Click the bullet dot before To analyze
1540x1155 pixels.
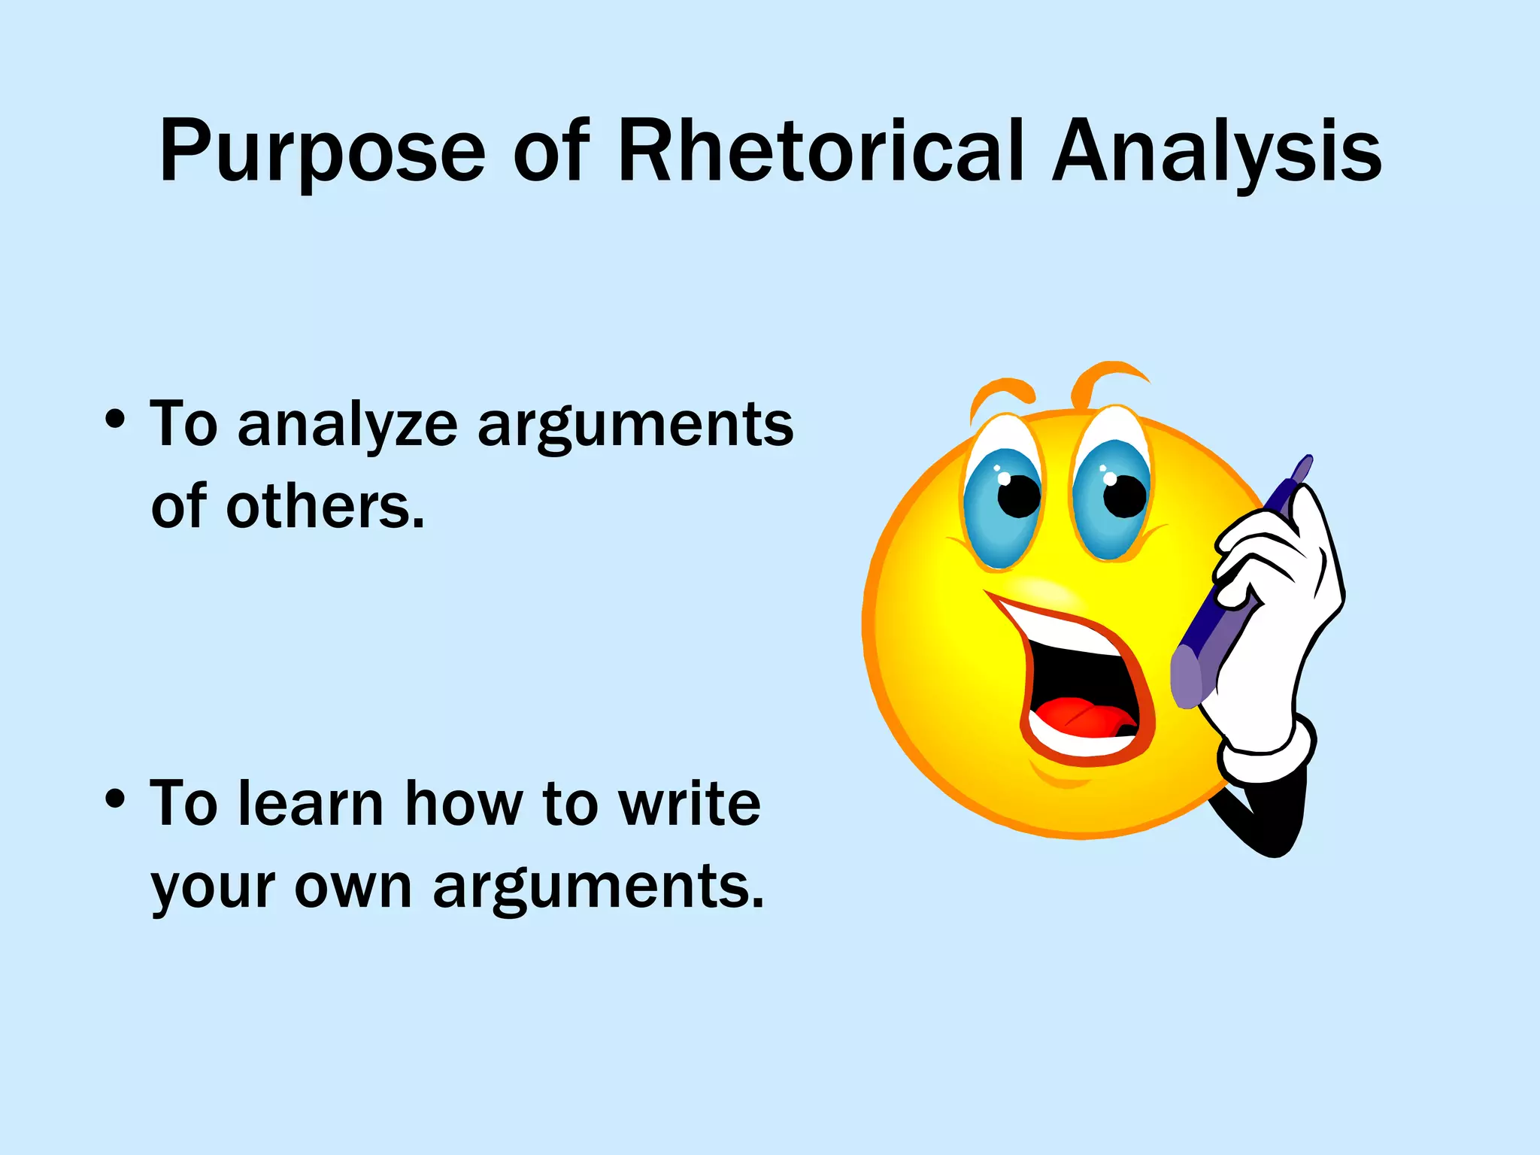pyautogui.click(x=115, y=420)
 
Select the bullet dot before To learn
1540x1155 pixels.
pyautogui.click(x=115, y=799)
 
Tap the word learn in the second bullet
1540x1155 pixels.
pyautogui.click(x=311, y=805)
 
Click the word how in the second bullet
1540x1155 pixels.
pyautogui.click(x=463, y=805)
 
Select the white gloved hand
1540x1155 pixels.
pyautogui.click(x=1278, y=602)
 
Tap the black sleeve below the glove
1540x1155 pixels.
pyautogui.click(x=1271, y=820)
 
